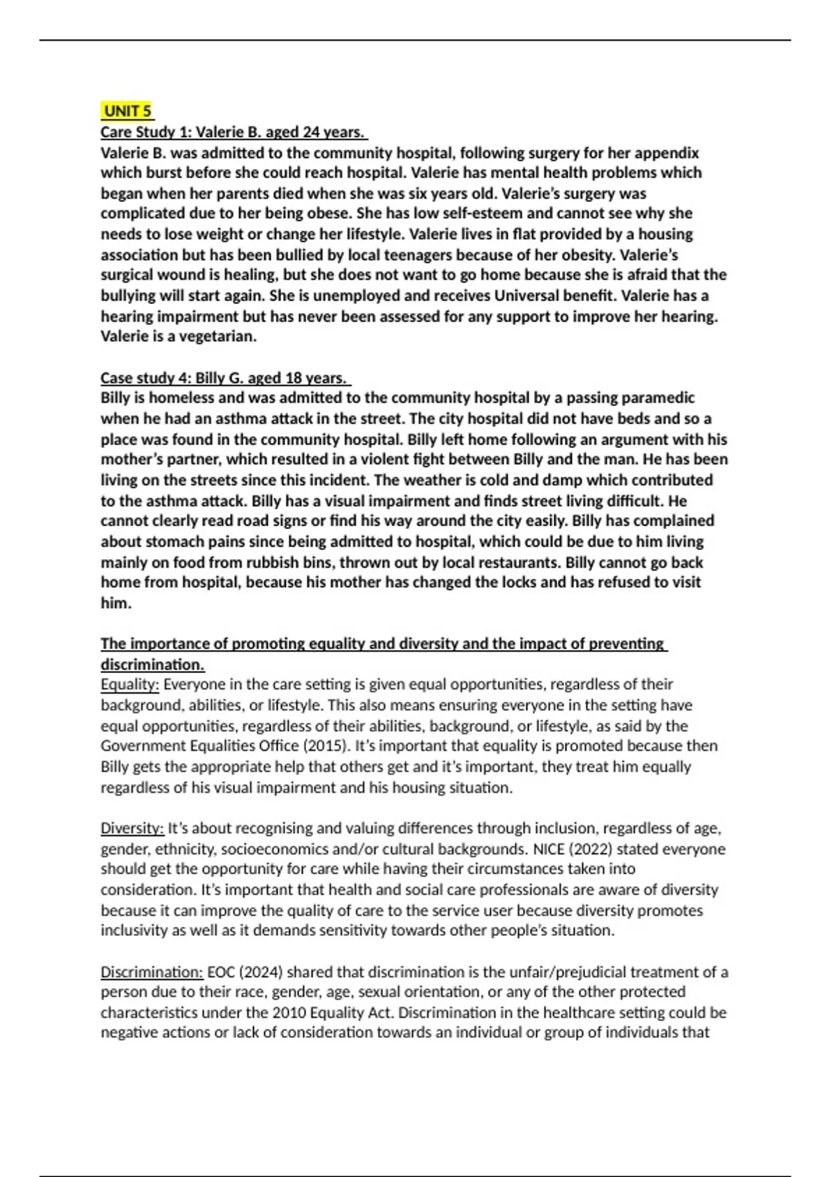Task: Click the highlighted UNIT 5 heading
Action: click(x=127, y=111)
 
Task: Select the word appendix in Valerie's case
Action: click(x=666, y=152)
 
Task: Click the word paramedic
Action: click(x=658, y=398)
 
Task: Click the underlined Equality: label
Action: click(x=129, y=685)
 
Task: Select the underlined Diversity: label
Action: click(x=132, y=829)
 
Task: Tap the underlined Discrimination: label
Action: click(x=152, y=972)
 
